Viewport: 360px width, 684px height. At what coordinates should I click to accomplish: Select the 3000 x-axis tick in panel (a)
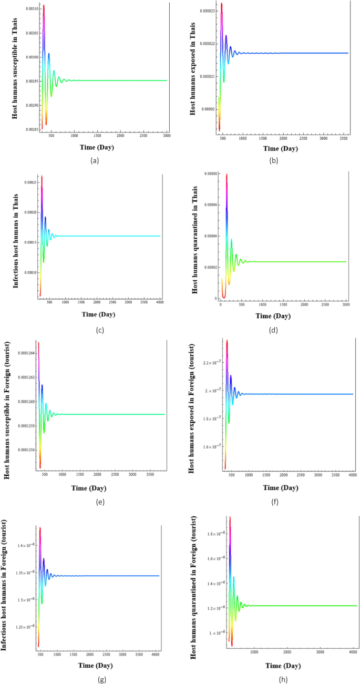pyautogui.click(x=166, y=136)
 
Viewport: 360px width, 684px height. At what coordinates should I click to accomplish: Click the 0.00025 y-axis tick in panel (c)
pyautogui.click(x=30, y=182)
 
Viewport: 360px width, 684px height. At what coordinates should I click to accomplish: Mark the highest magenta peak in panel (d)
pyautogui.click(x=227, y=175)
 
